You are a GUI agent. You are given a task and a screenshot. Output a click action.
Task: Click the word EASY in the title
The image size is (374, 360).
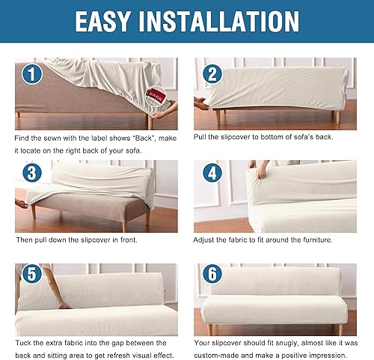111,21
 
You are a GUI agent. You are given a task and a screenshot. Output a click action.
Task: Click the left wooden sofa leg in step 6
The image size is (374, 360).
212,329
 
